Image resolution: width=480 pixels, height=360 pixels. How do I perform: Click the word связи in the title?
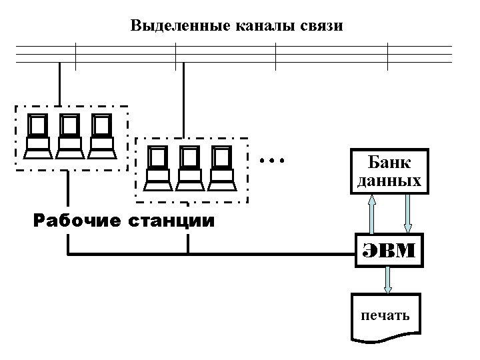click(x=321, y=27)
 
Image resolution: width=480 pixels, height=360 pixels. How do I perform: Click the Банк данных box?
click(x=389, y=171)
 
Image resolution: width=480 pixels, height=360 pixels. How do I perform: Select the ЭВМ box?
click(x=389, y=251)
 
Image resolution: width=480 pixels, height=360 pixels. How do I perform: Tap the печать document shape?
click(x=386, y=317)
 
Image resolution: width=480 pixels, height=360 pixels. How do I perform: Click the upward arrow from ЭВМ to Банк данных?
click(x=372, y=213)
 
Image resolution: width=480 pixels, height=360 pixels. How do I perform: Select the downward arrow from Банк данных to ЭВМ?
click(x=408, y=213)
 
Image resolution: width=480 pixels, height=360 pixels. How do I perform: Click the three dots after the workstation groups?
click(x=272, y=161)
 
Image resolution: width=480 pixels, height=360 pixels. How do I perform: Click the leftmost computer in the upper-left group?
click(x=37, y=137)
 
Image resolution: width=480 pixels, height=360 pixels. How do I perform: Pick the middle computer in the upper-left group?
click(x=69, y=137)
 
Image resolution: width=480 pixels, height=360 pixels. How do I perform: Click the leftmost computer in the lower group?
click(x=157, y=167)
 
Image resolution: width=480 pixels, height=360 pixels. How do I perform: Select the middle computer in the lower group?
click(x=189, y=167)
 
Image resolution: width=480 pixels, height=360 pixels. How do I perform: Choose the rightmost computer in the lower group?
click(x=221, y=167)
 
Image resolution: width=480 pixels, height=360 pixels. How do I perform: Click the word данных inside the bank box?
click(x=389, y=181)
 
